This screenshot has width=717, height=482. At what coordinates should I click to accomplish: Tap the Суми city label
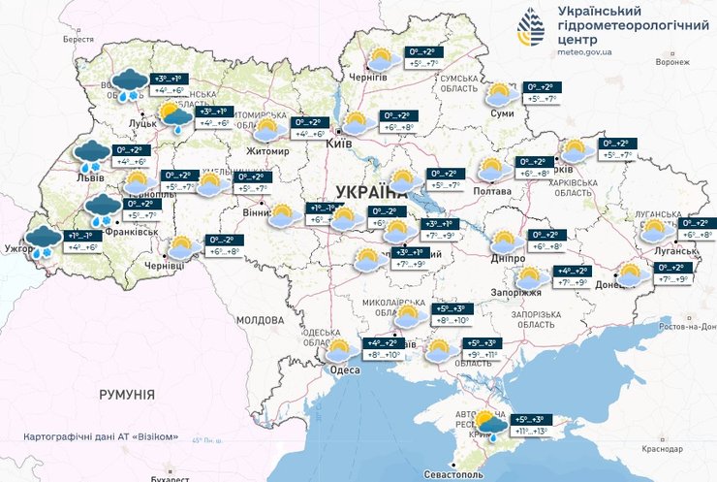[x=502, y=112]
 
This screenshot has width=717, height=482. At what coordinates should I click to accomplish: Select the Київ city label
[x=338, y=142]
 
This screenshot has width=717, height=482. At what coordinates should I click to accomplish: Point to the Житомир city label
[x=269, y=151]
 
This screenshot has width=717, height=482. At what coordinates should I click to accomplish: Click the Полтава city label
[x=492, y=191]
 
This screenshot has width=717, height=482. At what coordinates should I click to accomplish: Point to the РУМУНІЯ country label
[x=126, y=395]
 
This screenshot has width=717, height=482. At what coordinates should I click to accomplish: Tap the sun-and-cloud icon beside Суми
[x=500, y=93]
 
